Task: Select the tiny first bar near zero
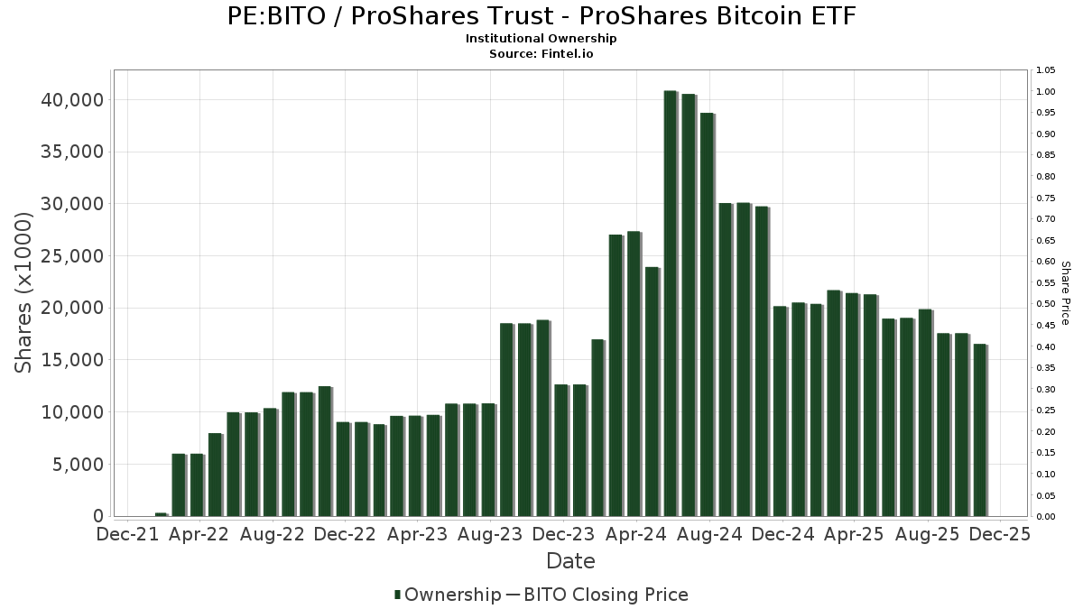coord(161,514)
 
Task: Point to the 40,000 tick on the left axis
coord(73,99)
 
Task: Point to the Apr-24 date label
coord(636,534)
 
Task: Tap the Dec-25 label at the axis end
coord(999,534)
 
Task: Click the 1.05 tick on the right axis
coord(1045,70)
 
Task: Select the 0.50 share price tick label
coord(1045,304)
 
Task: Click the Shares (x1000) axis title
coord(24,292)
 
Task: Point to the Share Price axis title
coord(1065,293)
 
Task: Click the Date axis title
coord(570,561)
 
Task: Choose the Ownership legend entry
coord(448,595)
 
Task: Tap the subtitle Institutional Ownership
coord(541,39)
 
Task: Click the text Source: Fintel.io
coord(541,53)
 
